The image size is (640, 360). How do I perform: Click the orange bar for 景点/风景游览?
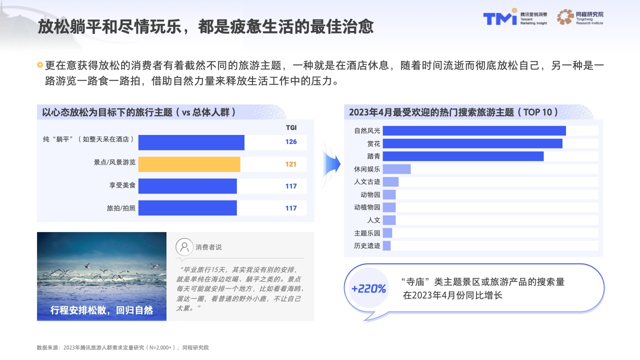[x=189, y=164]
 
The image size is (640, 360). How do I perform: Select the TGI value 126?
[x=291, y=141]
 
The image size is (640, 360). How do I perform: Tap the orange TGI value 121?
[x=291, y=164]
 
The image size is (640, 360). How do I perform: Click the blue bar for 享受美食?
[x=187, y=186]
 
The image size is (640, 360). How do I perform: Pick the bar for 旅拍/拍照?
[x=187, y=208]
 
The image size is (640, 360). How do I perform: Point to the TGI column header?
[x=291, y=127]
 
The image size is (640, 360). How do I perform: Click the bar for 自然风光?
[x=474, y=130]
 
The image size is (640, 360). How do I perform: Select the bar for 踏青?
[x=463, y=156]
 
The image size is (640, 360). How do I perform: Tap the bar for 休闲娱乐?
[x=396, y=169]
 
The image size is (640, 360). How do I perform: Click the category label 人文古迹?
[x=367, y=181]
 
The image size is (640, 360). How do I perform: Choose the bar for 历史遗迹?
[x=386, y=245]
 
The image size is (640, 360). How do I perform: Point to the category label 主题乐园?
[x=367, y=233]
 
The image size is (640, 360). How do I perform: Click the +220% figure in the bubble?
[x=368, y=288]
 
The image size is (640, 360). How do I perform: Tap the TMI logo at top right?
[x=500, y=17]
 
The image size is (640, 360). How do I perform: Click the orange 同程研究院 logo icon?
[x=565, y=17]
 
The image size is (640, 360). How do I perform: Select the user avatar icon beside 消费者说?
[x=184, y=247]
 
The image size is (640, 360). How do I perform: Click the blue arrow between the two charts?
[x=332, y=164]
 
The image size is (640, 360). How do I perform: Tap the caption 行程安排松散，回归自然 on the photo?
[x=101, y=310]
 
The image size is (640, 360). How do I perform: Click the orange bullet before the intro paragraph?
[x=40, y=65]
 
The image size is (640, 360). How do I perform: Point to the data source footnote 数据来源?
[x=123, y=347]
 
